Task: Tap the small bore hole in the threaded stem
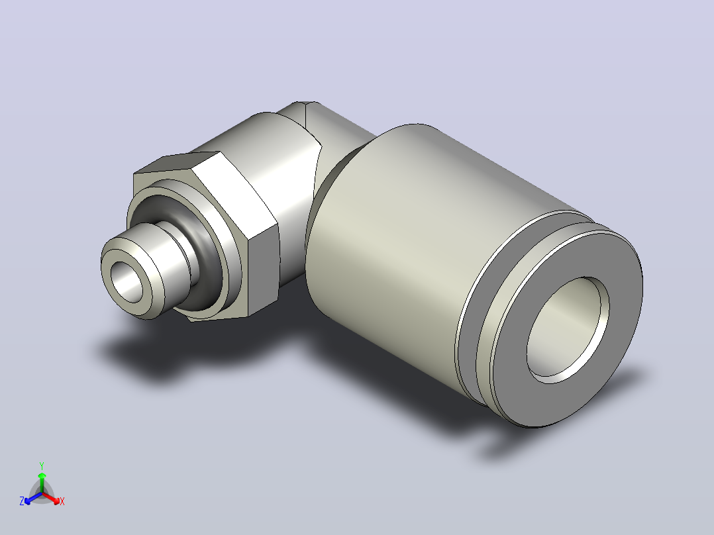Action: click(x=130, y=282)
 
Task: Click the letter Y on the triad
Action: click(x=42, y=466)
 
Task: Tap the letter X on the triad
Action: click(x=62, y=501)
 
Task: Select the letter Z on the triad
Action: click(x=21, y=501)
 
